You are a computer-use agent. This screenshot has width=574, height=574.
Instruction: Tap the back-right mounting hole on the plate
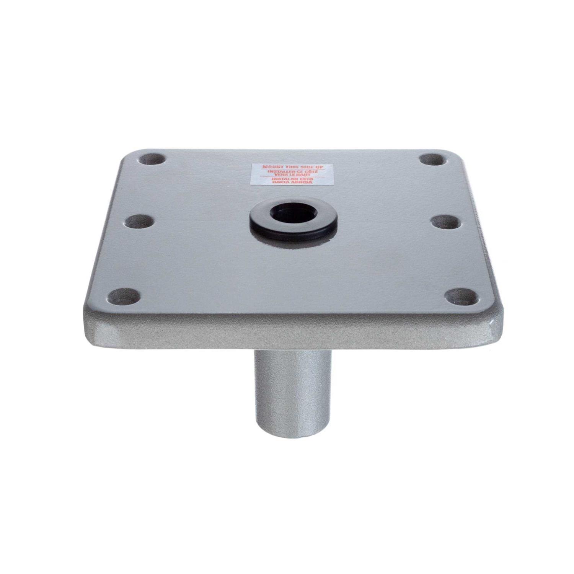pyautogui.click(x=430, y=160)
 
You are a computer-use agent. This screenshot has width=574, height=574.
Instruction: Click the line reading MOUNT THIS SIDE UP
pyautogui.click(x=291, y=167)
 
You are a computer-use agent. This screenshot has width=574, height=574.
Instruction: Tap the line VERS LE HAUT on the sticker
pyautogui.click(x=291, y=175)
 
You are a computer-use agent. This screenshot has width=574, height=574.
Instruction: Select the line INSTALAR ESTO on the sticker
pyautogui.click(x=291, y=179)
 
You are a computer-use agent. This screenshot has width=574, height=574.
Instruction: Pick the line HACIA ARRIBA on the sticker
pyautogui.click(x=291, y=183)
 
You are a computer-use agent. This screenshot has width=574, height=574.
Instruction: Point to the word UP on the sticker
pyautogui.click(x=316, y=167)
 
